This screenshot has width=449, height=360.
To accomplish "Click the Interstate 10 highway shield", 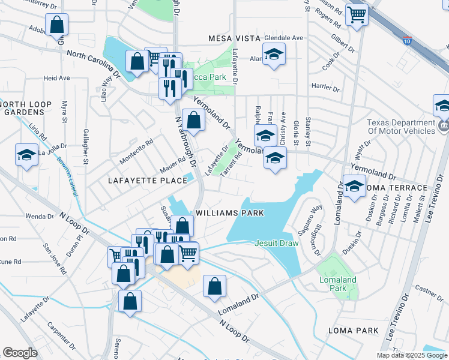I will pos(408,41).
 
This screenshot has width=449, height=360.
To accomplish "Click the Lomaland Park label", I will pos(337,284).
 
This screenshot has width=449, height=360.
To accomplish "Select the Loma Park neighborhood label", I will pos(353,331).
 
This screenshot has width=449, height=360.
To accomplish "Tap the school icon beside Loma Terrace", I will pos(354,185).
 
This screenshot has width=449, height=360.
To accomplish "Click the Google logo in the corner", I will pos(20,353).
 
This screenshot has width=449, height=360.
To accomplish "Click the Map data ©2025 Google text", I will pos(412,355).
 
